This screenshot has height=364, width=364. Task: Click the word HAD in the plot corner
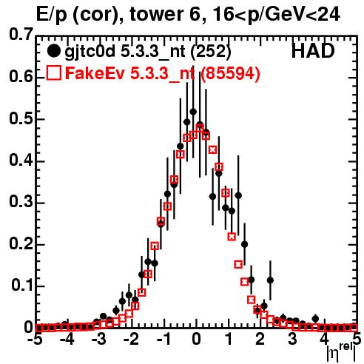point(313,51)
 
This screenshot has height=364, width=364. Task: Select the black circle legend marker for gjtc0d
point(53,51)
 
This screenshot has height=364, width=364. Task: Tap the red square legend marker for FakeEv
point(53,73)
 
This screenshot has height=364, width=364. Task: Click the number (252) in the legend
point(211,52)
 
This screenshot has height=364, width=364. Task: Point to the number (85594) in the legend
point(230,73)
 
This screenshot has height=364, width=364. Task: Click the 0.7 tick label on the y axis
point(21,35)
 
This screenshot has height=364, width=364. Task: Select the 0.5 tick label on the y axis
point(21,119)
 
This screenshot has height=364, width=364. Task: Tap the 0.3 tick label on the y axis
point(21,202)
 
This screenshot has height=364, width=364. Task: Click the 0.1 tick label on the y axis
point(22,286)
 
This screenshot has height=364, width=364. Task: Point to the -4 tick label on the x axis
point(67,340)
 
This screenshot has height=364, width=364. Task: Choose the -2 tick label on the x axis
point(132,340)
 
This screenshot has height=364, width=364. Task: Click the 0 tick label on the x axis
point(196,340)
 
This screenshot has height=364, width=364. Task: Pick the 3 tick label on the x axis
point(292,340)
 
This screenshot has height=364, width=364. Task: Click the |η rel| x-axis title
point(341,352)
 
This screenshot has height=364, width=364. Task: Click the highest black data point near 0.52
point(193,112)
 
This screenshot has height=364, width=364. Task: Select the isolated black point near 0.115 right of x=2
point(270,280)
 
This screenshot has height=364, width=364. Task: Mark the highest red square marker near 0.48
point(200,128)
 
